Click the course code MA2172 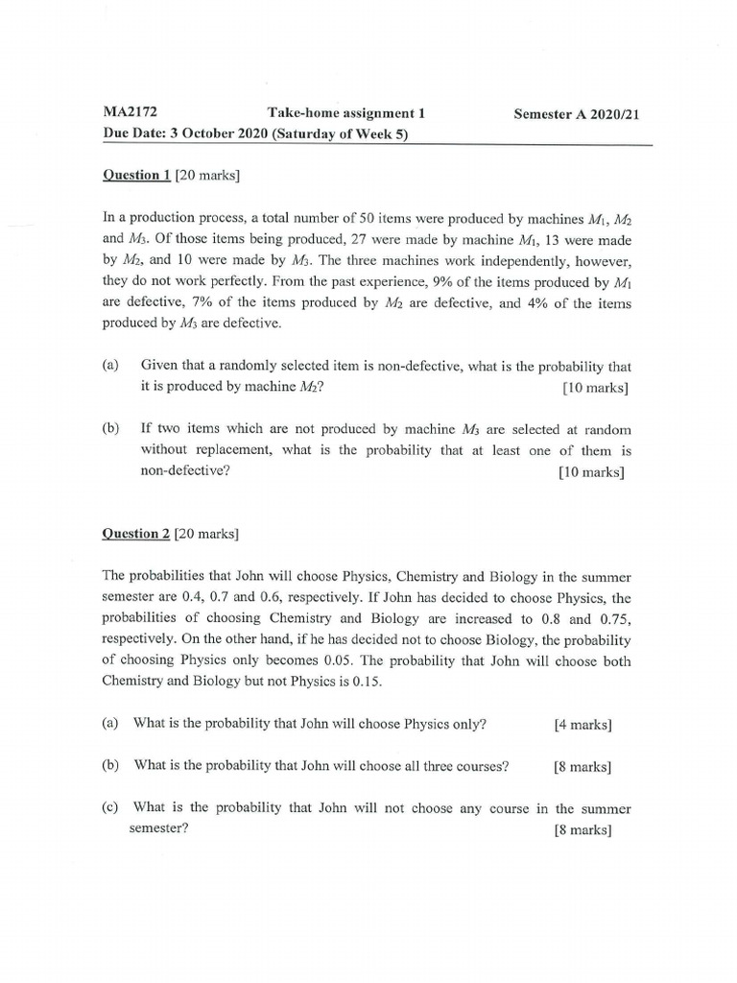tap(131, 113)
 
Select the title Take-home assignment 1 tap(345, 113)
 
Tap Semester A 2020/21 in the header tap(576, 114)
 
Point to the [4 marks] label tap(582, 725)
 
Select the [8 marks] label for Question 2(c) tap(582, 830)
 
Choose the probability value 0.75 tap(614, 618)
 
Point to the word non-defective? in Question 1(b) tap(185, 471)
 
